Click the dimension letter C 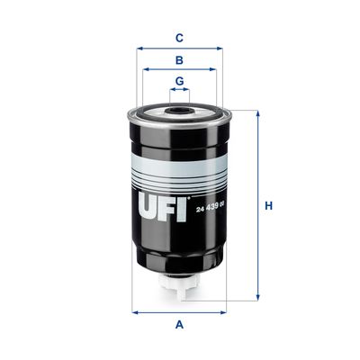180,38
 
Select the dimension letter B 180,61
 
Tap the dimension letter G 180,82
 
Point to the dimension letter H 267,206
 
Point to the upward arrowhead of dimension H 257,114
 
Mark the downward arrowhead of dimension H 257,297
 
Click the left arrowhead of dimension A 136,312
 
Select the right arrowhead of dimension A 224,312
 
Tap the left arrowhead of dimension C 139,49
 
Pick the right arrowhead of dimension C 220,49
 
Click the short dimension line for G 180,92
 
